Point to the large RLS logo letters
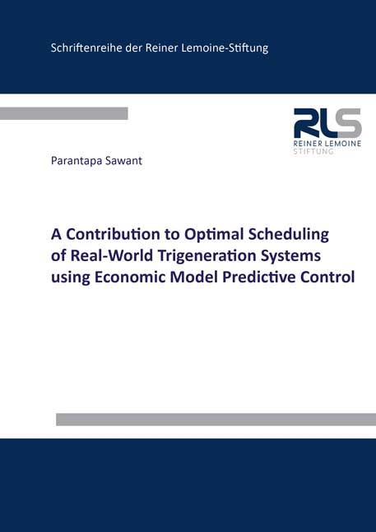(x=327, y=124)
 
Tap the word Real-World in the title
(x=111, y=255)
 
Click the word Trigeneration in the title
(x=215, y=255)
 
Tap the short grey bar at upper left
(x=63, y=113)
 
